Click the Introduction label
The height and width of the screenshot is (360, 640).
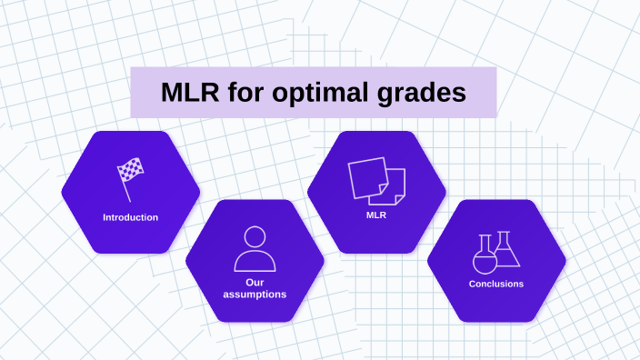click(x=130, y=217)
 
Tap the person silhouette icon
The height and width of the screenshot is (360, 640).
click(x=255, y=248)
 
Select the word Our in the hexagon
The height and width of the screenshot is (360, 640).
click(x=255, y=282)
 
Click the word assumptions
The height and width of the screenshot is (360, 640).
click(x=255, y=295)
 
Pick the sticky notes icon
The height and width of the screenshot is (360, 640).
click(x=376, y=181)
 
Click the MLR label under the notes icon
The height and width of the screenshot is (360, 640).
click(x=376, y=215)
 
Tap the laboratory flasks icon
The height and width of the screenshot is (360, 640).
click(x=496, y=253)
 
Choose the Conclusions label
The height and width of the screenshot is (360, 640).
click(x=496, y=284)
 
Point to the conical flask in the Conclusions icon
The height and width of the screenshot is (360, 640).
click(x=505, y=250)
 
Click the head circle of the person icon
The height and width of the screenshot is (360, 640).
click(x=255, y=236)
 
